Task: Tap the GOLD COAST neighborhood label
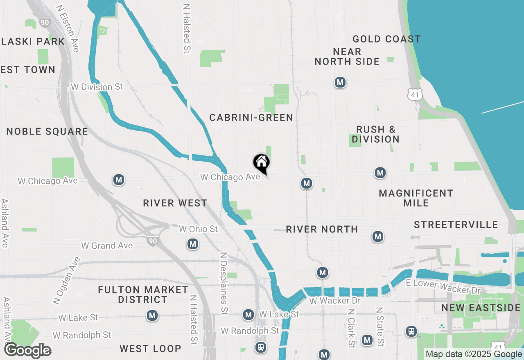pos(386,39)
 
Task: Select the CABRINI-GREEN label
pos(251,118)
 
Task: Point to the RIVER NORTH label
pos(322,229)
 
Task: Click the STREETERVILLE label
pos(456,225)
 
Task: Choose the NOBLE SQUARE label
pos(47,132)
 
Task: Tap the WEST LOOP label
pos(150,349)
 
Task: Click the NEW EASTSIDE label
pos(481,308)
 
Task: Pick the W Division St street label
pos(97,87)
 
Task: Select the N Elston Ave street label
pos(68,29)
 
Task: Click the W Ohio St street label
pos(198,229)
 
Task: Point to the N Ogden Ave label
pos(66,280)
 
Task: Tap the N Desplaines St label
pos(224,283)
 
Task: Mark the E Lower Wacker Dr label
pos(443,287)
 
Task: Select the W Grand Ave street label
pos(107,245)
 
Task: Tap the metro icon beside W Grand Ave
pos(193,244)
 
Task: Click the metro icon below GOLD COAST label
pos(339,82)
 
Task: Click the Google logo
pos(27,351)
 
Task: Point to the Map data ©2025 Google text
pos(474,354)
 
